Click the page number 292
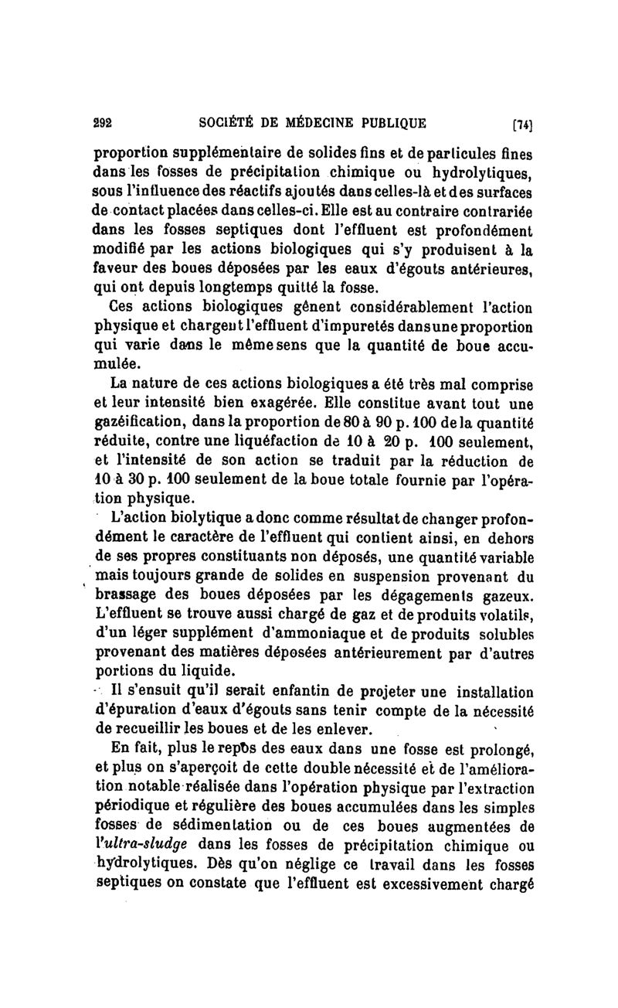pyautogui.click(x=104, y=121)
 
